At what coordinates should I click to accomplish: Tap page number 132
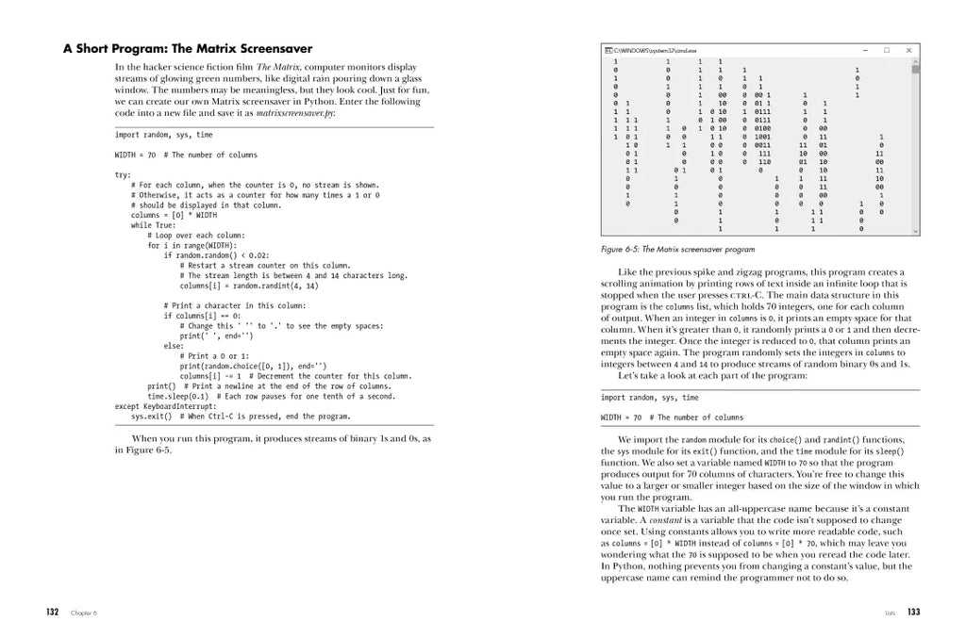pyautogui.click(x=54, y=612)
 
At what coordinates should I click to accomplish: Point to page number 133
pyautogui.click(x=913, y=612)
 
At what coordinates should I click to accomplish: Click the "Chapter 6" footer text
pyautogui.click(x=84, y=613)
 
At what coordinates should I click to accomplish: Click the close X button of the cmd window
pyautogui.click(x=908, y=50)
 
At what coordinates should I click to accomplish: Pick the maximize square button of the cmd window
pyautogui.click(x=887, y=50)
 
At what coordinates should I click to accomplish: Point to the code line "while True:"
pyautogui.click(x=154, y=225)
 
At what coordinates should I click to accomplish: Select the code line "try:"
pyautogui.click(x=123, y=175)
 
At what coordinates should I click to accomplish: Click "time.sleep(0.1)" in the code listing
pyautogui.click(x=178, y=396)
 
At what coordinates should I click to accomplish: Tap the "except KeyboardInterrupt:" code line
pyautogui.click(x=165, y=406)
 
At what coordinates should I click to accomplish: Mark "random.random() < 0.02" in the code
pyautogui.click(x=221, y=255)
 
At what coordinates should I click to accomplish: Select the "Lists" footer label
pyautogui.click(x=891, y=613)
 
